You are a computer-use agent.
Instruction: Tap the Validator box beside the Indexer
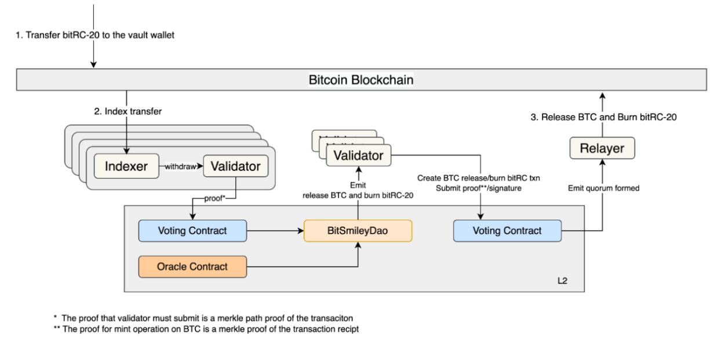coord(235,167)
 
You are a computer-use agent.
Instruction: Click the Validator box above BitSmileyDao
coord(358,155)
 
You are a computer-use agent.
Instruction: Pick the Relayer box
coord(602,149)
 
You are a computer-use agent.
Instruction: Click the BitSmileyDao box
coord(358,231)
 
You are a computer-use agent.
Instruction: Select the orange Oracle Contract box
coord(192,267)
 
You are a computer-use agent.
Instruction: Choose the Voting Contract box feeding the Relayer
coord(507,231)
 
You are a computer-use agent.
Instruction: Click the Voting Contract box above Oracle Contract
coord(192,231)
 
